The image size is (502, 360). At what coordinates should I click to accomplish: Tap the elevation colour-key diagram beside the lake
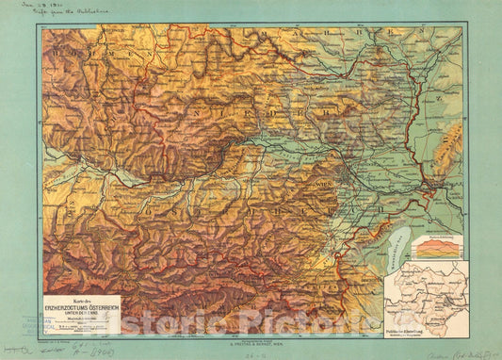(435, 247)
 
